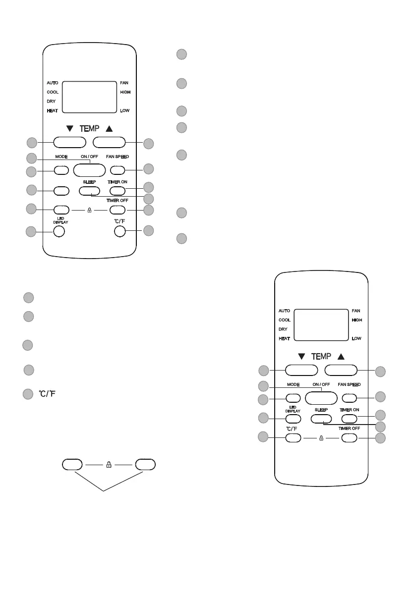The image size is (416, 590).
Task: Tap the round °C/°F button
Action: click(119, 231)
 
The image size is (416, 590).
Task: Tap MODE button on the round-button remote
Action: click(60, 170)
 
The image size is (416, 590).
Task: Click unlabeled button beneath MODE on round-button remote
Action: click(60, 190)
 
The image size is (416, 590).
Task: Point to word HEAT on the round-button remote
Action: click(52, 110)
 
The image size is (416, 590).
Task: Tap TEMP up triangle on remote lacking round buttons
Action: click(341, 356)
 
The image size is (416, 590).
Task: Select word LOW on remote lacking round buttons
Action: click(357, 339)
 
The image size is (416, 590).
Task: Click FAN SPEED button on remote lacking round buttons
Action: click(349, 398)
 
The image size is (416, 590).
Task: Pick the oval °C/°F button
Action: click(293, 438)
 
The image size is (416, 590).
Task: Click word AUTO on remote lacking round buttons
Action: click(284, 311)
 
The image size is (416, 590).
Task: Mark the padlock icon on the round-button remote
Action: click(89, 210)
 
